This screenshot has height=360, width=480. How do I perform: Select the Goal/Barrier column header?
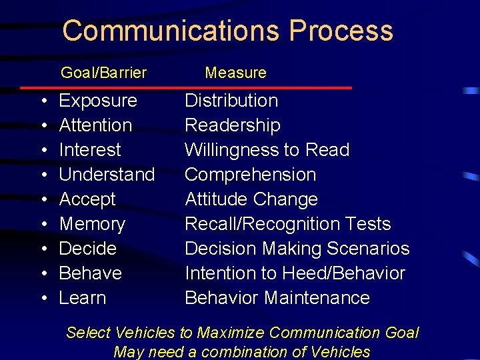point(103,73)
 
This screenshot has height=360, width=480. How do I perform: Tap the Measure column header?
point(235,73)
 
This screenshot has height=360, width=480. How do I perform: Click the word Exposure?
point(98,101)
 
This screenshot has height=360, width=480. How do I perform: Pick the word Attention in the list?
point(95,125)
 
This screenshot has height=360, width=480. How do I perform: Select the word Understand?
point(107,175)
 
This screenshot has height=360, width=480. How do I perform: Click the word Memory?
point(92,224)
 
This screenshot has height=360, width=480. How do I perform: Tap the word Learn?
point(83,298)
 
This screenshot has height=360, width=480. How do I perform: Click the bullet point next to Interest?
point(43,150)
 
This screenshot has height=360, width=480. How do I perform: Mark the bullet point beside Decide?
point(43,249)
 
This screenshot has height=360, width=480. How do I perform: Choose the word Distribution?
point(231,101)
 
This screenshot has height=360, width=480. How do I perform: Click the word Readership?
point(233,125)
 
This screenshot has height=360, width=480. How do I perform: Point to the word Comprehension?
point(250,175)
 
